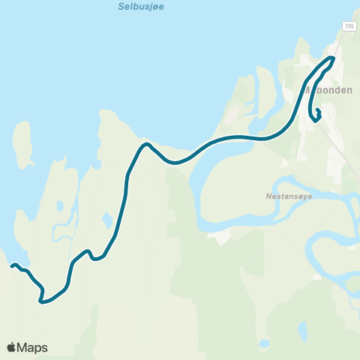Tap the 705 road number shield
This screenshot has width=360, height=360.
pyautogui.click(x=349, y=26)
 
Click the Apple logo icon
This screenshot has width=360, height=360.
pyautogui.click(x=12, y=347)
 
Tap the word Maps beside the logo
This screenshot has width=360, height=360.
pyautogui.click(x=32, y=347)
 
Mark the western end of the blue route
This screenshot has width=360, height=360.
pyautogui.click(x=12, y=265)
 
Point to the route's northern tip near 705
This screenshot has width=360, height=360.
pyautogui.click(x=332, y=58)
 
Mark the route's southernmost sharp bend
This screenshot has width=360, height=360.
pyautogui.click(x=40, y=302)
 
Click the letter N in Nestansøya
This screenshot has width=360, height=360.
pyautogui.click(x=268, y=198)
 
